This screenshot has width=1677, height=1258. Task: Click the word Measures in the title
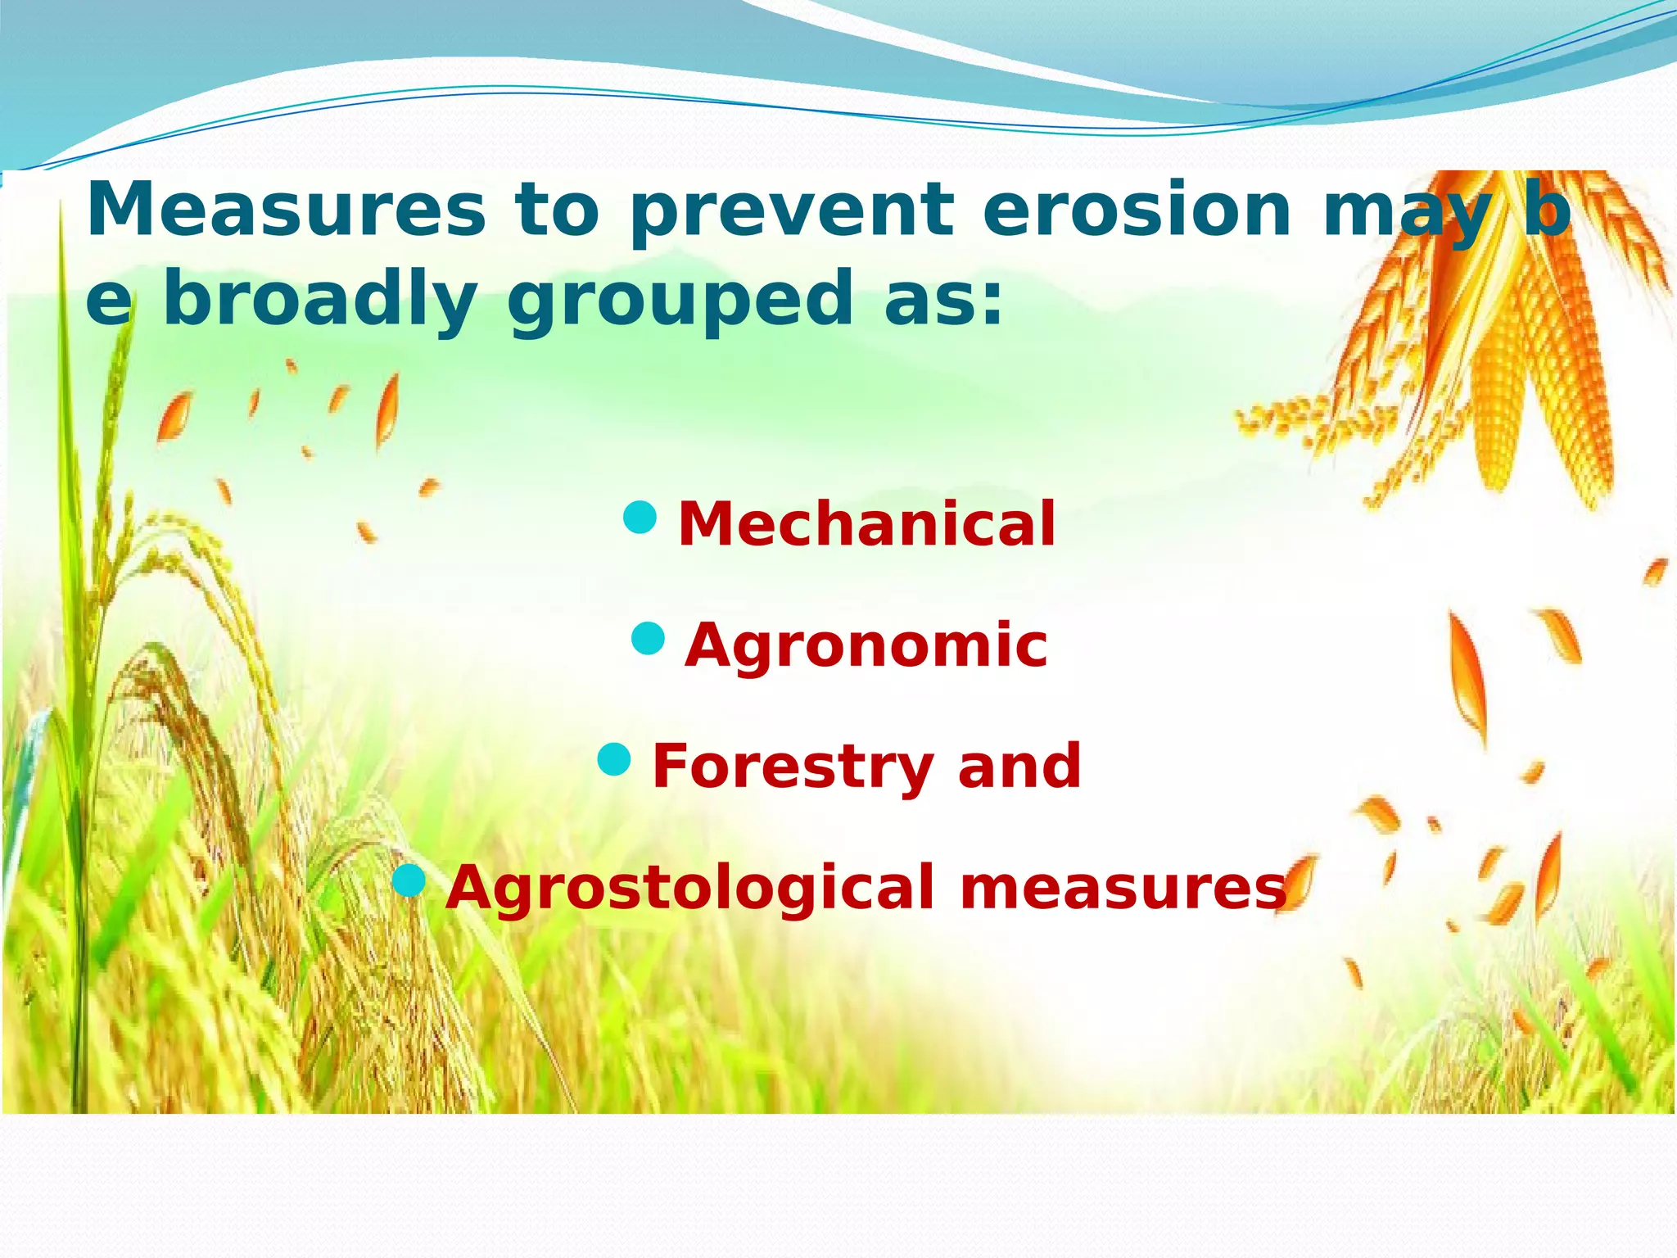tap(286, 210)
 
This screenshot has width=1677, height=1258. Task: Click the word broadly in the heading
tap(319, 300)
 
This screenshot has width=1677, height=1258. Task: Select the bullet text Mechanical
tap(866, 524)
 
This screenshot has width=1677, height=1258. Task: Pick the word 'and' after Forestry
tap(1019, 767)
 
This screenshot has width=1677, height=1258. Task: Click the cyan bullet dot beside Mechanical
tap(640, 518)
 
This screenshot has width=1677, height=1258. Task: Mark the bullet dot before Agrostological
tap(409, 881)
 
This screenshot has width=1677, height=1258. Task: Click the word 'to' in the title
tap(557, 210)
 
